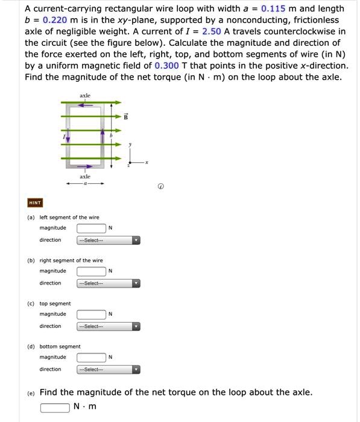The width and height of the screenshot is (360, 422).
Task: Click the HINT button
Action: tap(34, 203)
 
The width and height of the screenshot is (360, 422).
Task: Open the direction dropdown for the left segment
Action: tap(108, 241)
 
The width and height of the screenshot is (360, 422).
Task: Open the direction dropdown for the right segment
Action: tap(108, 283)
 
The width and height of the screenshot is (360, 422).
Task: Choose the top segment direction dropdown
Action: tap(108, 327)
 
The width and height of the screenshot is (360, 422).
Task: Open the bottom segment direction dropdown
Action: tap(108, 370)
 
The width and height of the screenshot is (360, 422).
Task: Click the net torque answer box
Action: tap(55, 407)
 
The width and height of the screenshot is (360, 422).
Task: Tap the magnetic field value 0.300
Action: tap(166, 65)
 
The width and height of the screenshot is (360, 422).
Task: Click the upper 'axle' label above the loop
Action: tap(85, 96)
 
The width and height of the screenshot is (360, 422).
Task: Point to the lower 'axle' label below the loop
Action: tap(85, 177)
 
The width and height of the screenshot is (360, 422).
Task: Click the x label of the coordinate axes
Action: tap(146, 163)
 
